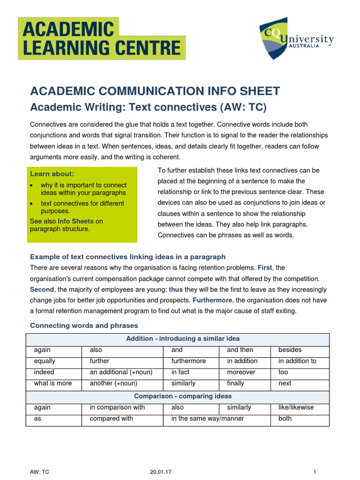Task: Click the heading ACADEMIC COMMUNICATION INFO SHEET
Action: pyautogui.click(x=155, y=91)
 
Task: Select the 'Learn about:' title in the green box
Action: pyautogui.click(x=52, y=174)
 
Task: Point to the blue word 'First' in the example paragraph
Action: pyautogui.click(x=264, y=268)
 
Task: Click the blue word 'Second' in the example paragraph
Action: pyautogui.click(x=42, y=289)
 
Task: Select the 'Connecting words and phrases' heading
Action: pyautogui.click(x=84, y=325)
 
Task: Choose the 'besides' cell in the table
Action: pyautogui.click(x=290, y=350)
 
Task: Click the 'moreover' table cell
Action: pyautogui.click(x=241, y=372)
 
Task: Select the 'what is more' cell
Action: pyautogui.click(x=53, y=383)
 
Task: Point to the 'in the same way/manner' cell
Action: pyautogui.click(x=208, y=419)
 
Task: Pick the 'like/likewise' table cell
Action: pyautogui.click(x=296, y=407)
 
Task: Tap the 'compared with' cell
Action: pyautogui.click(x=111, y=419)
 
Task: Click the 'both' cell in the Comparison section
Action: pyautogui.click(x=285, y=419)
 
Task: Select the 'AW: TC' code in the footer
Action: pyautogui.click(x=39, y=472)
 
